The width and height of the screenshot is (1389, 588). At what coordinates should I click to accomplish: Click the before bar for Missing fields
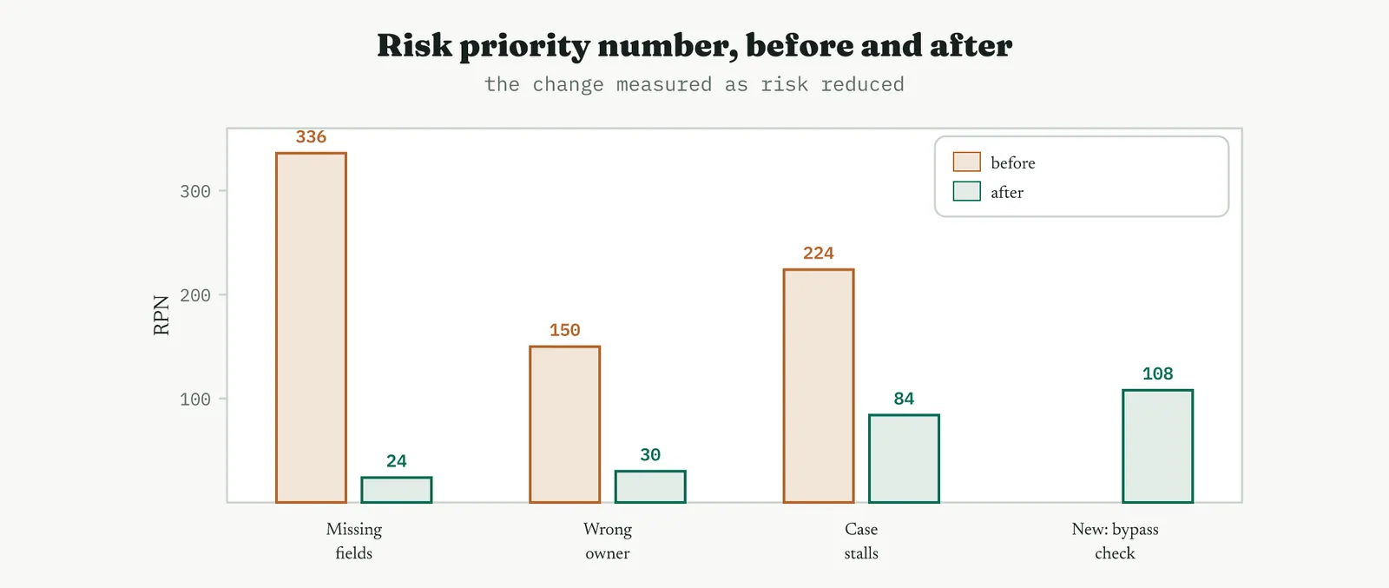[312, 327]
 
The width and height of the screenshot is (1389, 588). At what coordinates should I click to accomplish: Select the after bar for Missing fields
[397, 489]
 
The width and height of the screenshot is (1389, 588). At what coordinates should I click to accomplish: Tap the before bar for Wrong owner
[565, 424]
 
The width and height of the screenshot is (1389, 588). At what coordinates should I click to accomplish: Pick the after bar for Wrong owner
[650, 486]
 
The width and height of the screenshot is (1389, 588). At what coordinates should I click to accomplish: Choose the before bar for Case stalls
[819, 386]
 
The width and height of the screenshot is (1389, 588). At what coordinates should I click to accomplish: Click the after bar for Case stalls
[904, 459]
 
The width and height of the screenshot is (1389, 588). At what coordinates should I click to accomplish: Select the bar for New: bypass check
[1158, 446]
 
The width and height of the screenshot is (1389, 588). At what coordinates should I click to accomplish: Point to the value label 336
[312, 136]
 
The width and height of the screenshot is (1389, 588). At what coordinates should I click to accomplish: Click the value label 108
[1158, 373]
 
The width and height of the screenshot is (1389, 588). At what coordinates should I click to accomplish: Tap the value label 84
[904, 398]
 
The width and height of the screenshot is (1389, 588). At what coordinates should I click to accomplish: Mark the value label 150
[565, 330]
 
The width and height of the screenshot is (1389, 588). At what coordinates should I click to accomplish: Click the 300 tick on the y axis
[195, 191]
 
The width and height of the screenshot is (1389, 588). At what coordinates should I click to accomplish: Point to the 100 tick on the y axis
[195, 399]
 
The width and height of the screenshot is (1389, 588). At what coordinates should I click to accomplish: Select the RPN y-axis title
[161, 315]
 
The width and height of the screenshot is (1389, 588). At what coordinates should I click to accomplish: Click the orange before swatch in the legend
[967, 162]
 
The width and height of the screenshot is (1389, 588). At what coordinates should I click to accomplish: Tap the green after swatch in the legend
[967, 191]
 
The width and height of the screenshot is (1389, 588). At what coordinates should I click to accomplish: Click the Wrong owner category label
[608, 541]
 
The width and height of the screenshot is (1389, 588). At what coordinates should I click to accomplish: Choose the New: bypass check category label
[1115, 541]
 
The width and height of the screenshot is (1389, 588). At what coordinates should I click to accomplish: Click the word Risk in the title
[415, 45]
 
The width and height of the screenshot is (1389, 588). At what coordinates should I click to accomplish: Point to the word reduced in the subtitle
[863, 83]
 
